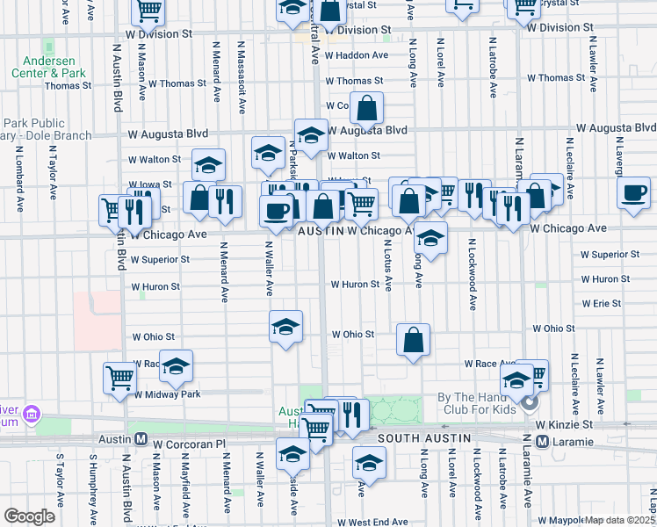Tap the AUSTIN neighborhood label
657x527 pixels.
[x=320, y=230]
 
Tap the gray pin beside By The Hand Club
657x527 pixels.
[x=529, y=404]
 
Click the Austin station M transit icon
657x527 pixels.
[x=139, y=438]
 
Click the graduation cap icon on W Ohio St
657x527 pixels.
[x=285, y=327]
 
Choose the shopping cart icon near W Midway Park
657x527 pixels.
[x=120, y=378]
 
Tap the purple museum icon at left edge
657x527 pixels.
[x=32, y=413]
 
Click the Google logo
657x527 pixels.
[x=30, y=516]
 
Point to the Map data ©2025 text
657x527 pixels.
[x=620, y=520]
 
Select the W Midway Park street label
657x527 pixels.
[x=167, y=394]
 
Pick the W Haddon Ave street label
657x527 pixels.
[x=356, y=54]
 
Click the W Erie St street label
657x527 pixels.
[x=601, y=303]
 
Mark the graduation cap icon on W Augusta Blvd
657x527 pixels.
[x=311, y=134]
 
